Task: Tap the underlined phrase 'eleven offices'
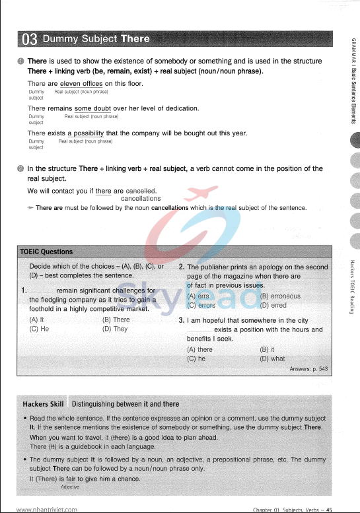coord(81,84)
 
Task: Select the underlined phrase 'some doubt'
coord(92,108)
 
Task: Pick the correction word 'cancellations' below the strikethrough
coord(141,198)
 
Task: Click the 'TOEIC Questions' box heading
coord(46,252)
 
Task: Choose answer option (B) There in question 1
coord(116,320)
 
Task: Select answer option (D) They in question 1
coord(115,328)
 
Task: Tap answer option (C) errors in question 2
coord(201,306)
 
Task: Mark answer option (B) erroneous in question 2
coord(280,296)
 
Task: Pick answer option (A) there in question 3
coord(200,350)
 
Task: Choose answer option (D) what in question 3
coord(273,359)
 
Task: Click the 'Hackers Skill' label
coord(43,403)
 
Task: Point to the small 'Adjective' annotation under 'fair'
coord(69,487)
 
